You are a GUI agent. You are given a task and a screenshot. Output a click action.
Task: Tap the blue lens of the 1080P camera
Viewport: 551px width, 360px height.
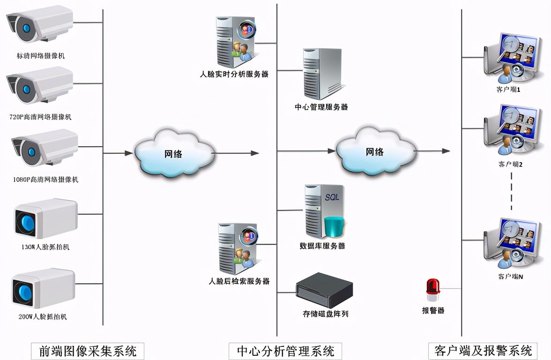pos(31,151)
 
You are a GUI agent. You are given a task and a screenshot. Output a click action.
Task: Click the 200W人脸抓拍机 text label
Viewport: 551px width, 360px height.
pos(43,317)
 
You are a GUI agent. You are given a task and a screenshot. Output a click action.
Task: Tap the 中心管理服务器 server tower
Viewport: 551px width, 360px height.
pos(321,73)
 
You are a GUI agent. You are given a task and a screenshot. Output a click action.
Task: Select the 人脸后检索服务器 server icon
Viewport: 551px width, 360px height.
pos(238,249)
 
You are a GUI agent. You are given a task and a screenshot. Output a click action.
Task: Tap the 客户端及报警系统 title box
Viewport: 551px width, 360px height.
pos(483,351)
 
